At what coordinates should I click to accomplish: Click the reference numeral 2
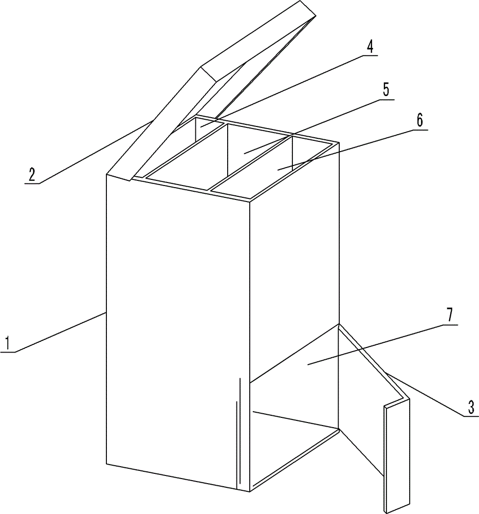32,175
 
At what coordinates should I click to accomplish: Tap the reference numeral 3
471,407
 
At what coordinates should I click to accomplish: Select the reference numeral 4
370,47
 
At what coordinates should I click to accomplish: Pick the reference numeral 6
420,120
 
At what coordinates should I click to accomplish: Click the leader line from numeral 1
52,333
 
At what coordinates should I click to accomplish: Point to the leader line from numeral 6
353,150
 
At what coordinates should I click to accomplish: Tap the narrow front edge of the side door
387,459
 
